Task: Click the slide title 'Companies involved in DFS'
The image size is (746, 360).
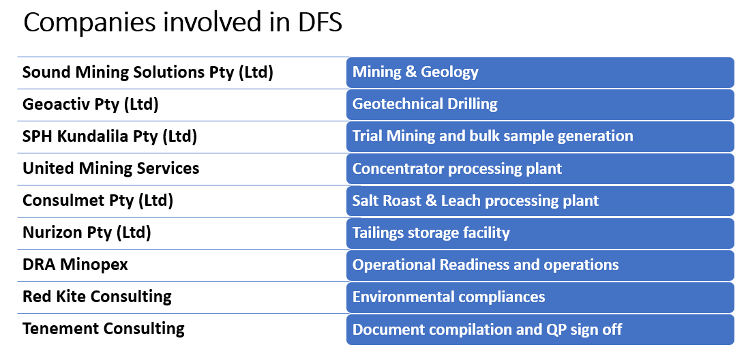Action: tap(183, 22)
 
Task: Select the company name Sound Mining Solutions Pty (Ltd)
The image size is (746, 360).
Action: tap(148, 72)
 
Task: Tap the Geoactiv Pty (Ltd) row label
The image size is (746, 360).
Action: tap(91, 104)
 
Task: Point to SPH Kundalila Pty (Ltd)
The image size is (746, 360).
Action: tap(109, 136)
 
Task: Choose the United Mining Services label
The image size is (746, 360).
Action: tap(111, 168)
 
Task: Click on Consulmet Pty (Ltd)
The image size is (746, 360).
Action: tap(98, 200)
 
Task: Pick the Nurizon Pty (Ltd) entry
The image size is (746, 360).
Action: tap(87, 232)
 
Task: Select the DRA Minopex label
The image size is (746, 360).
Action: tap(75, 265)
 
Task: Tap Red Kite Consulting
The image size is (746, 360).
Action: tap(97, 297)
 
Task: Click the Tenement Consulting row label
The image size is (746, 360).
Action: tap(103, 329)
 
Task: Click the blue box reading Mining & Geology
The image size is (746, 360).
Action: tap(541, 72)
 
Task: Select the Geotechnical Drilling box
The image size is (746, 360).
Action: tap(541, 104)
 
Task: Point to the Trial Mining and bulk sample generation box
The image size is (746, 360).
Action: tap(541, 136)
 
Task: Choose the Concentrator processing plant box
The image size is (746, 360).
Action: tap(541, 168)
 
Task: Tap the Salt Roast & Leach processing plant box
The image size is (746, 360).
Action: tap(541, 200)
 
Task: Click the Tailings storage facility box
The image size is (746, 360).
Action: tap(541, 232)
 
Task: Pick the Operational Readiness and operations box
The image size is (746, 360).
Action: tap(541, 265)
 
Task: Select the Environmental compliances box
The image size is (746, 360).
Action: tap(541, 297)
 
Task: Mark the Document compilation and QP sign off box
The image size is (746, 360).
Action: tap(541, 329)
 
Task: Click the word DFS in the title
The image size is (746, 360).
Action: tap(317, 22)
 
